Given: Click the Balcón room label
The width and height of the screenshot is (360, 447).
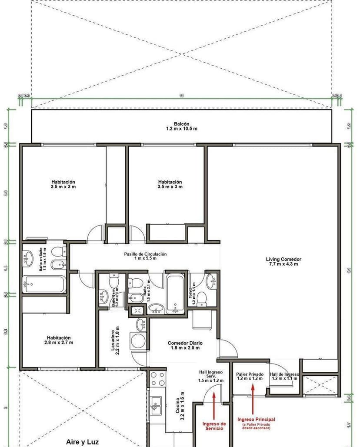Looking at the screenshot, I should click(181, 126).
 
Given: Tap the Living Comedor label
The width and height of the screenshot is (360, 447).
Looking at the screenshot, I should click(283, 262).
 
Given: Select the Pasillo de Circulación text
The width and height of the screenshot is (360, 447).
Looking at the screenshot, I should click(145, 256).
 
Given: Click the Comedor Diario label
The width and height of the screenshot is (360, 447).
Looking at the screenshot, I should click(185, 345).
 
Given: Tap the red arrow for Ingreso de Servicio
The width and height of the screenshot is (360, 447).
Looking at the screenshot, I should click(213, 405).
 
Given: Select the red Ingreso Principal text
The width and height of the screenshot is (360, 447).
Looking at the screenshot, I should click(256, 419).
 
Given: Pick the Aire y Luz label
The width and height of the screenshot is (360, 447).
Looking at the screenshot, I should click(82, 442).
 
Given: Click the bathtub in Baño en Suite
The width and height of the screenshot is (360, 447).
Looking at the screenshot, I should click(44, 284).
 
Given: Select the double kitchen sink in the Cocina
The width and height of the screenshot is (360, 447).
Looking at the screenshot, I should click(155, 405).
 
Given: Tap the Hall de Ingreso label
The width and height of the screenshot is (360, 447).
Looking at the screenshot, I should click(284, 376).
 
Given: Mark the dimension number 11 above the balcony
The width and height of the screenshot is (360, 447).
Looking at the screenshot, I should click(181, 96).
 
